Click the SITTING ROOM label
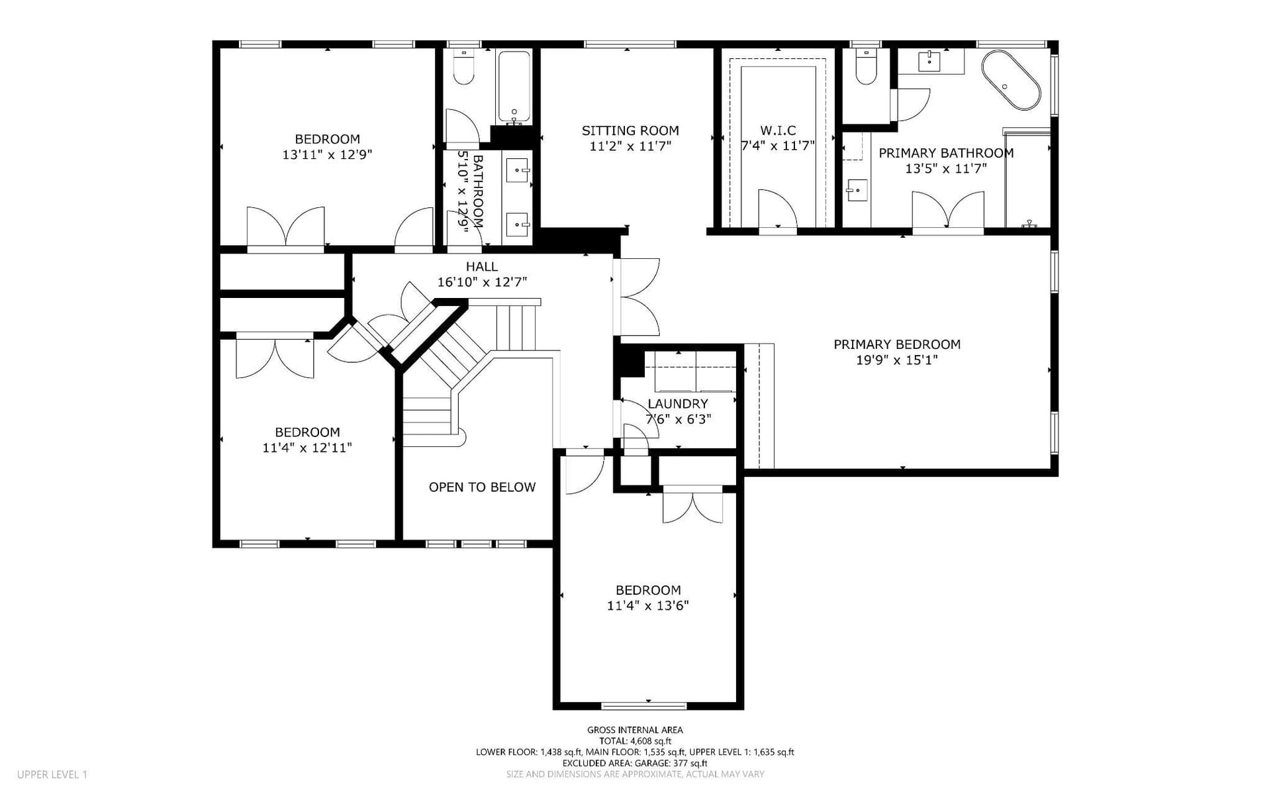(630, 130)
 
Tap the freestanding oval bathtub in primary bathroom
(1010, 80)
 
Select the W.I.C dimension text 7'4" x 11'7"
(778, 146)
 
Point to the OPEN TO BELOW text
(482, 487)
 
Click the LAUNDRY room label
(678, 403)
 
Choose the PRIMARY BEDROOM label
(897, 344)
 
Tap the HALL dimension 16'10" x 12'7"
(482, 282)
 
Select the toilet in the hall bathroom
(464, 67)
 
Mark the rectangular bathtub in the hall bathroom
(514, 87)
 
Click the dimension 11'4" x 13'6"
(648, 605)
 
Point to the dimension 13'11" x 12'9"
(327, 155)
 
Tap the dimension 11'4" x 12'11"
(307, 448)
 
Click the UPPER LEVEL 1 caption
(52, 774)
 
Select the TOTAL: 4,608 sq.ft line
(635, 741)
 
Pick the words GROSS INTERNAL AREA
(635, 730)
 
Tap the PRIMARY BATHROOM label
(946, 153)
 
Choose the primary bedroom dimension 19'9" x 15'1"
(897, 360)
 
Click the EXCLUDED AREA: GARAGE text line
(635, 763)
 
